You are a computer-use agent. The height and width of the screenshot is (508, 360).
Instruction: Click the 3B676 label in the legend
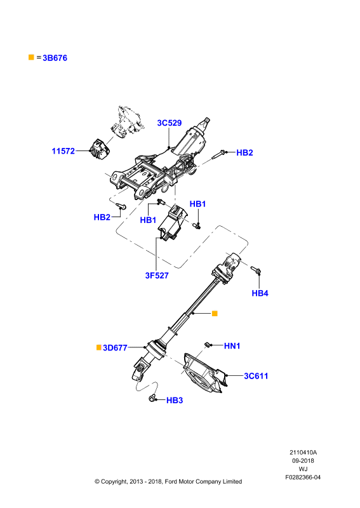[x=55, y=58]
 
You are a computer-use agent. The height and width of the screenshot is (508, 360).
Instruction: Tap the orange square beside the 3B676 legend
[x=31, y=57]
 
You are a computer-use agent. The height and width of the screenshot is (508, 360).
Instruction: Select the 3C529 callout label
[x=169, y=123]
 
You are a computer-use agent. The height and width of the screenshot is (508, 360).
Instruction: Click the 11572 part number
[x=63, y=151]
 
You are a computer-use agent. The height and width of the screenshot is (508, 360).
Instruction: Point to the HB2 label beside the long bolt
[x=244, y=152]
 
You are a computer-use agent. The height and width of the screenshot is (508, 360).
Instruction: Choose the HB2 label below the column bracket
[x=102, y=217]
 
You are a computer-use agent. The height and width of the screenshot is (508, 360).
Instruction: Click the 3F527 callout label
[x=157, y=276]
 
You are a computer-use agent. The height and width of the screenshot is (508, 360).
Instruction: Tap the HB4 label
[x=260, y=293]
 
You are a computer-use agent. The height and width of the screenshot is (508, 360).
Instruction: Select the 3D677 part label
[x=115, y=348]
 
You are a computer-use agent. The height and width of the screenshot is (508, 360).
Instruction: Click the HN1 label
[x=232, y=346]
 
